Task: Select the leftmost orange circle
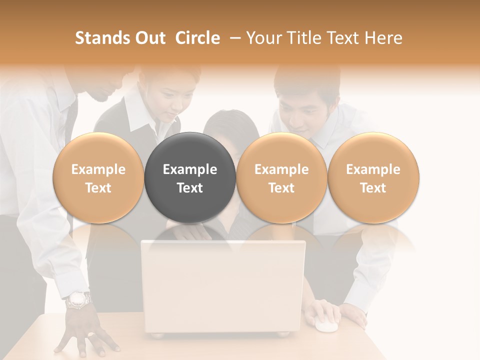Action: pyautogui.click(x=98, y=177)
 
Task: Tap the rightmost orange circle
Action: pyautogui.click(x=373, y=177)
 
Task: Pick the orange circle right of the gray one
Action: pyautogui.click(x=281, y=177)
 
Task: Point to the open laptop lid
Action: pyautogui.click(x=223, y=285)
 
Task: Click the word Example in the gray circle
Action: pyautogui.click(x=190, y=169)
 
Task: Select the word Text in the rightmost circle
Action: pyautogui.click(x=373, y=188)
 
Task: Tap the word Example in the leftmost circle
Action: pyautogui.click(x=98, y=169)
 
